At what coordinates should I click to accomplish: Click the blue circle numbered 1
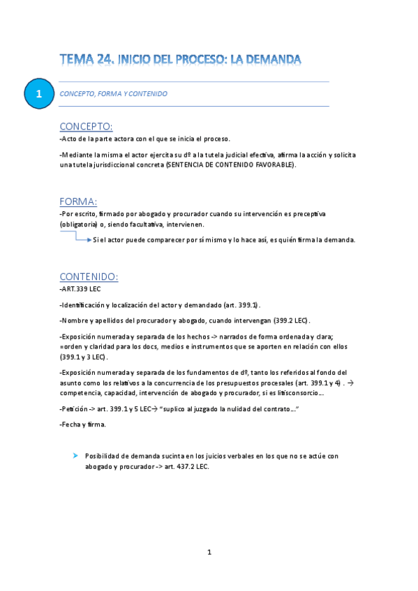(x=39, y=93)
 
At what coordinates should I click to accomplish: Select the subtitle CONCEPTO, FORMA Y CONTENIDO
(x=114, y=93)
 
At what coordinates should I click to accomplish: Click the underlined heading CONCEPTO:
(x=86, y=126)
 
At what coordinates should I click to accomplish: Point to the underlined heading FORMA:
(x=78, y=201)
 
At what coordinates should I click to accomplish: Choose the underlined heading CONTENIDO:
(x=89, y=277)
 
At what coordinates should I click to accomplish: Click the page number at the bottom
(x=209, y=552)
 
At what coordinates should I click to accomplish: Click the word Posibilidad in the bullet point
(x=105, y=456)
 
